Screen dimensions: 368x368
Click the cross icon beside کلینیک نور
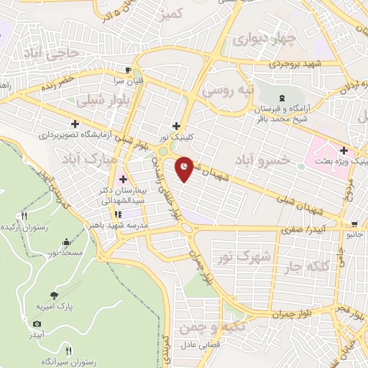point(176,126)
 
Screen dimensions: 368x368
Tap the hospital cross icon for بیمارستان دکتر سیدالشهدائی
point(122,179)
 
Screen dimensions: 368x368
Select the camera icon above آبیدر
point(37,325)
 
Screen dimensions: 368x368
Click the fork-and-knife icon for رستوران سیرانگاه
point(69,351)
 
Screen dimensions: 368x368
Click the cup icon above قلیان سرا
point(128,70)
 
